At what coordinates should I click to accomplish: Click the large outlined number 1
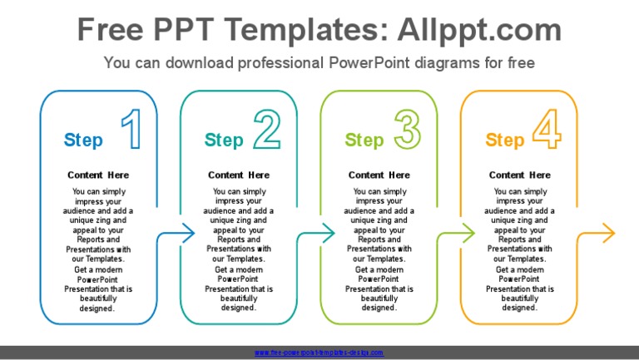(131, 131)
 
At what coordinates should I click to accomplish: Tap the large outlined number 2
(266, 131)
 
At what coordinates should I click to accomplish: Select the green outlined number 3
(407, 131)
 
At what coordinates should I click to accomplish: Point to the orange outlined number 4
(547, 131)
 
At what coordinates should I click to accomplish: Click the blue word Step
(83, 141)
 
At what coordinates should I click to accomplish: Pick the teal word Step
(224, 141)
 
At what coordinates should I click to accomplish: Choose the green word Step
(364, 141)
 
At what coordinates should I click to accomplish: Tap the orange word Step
(505, 141)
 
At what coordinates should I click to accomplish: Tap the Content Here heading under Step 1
(98, 175)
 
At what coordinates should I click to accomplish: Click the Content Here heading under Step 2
(239, 175)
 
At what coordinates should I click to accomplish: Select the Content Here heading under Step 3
(379, 175)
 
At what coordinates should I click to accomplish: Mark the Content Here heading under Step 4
(519, 175)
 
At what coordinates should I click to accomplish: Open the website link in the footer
(319, 353)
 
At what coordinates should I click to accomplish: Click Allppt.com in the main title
(480, 31)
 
